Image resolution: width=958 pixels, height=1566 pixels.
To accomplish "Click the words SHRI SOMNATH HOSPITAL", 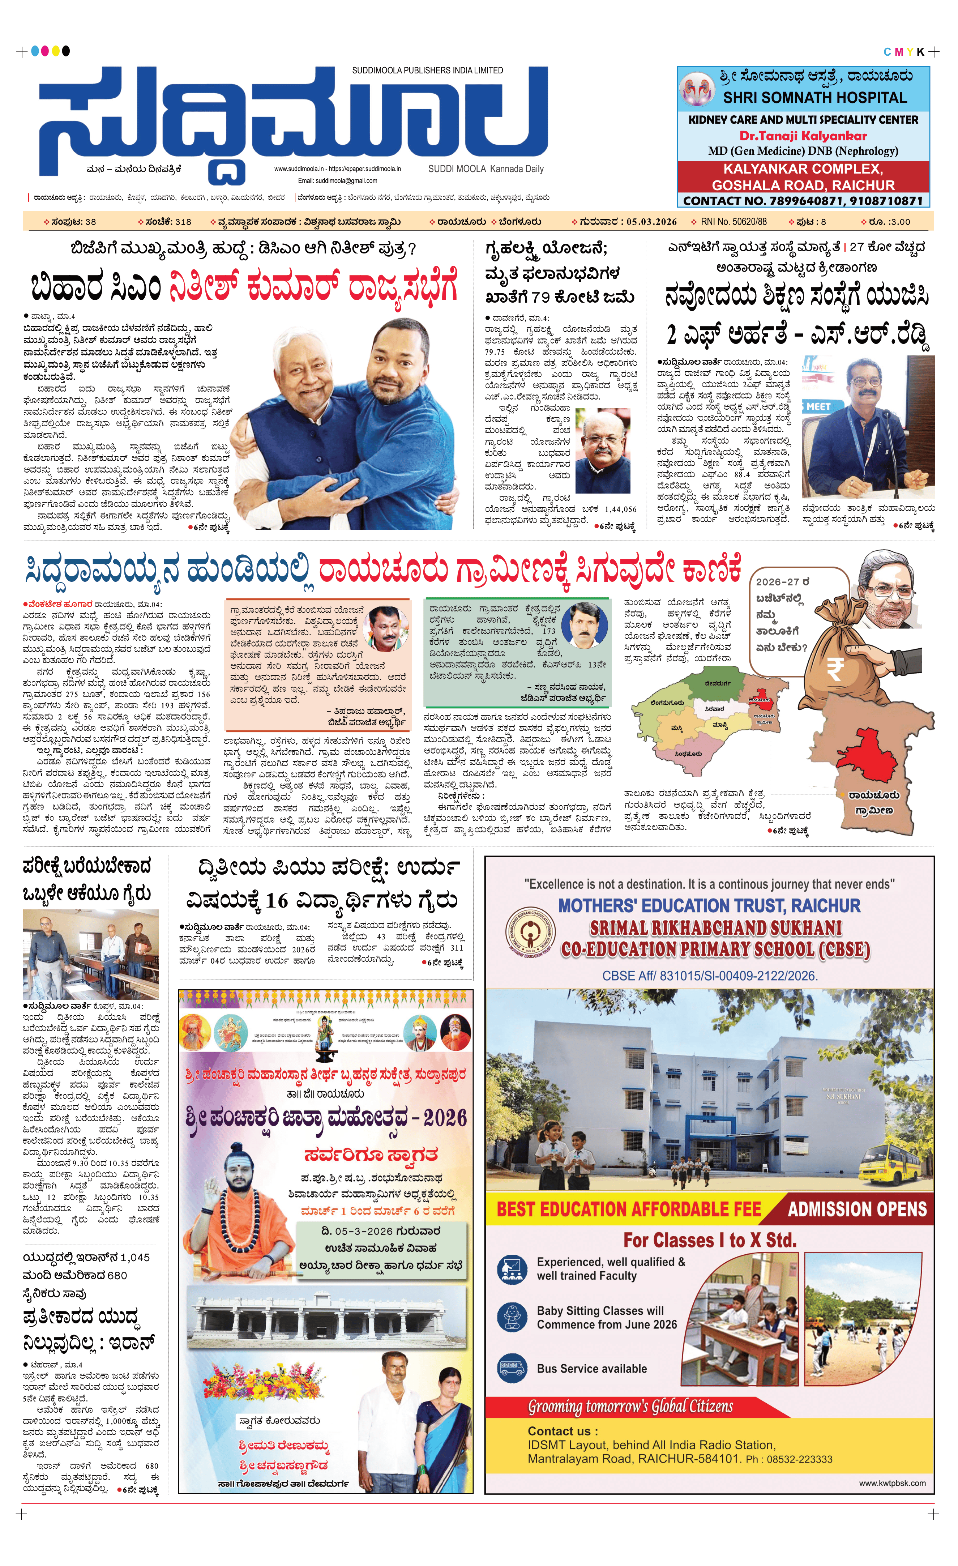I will pyautogui.click(x=814, y=98).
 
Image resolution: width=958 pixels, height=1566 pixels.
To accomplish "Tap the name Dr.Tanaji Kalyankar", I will pyautogui.click(x=803, y=135).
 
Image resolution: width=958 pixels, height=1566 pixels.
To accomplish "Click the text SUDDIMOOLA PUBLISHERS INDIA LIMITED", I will pyautogui.click(x=428, y=71).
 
